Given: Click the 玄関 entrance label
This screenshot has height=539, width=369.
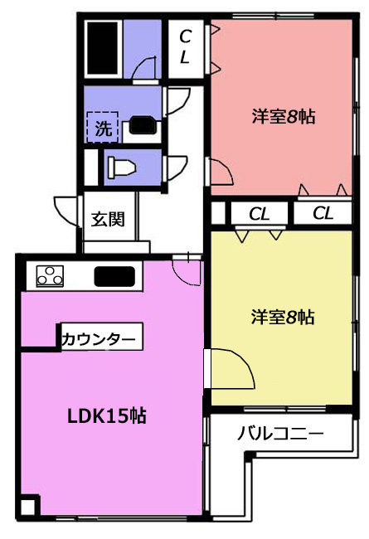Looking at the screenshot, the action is [x=108, y=219].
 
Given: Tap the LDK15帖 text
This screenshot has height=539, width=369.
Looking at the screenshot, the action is [x=107, y=416].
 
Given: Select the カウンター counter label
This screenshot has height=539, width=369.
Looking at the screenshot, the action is [x=99, y=340].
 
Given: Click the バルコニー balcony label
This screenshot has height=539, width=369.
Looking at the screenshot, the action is [x=280, y=434].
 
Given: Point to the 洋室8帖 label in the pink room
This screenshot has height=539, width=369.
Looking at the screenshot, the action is [x=284, y=117].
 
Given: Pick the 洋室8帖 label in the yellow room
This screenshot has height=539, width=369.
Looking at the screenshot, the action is [x=283, y=317].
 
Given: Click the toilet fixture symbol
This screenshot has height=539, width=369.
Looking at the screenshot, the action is [x=121, y=168].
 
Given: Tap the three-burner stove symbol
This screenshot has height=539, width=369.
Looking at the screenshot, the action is [x=51, y=276].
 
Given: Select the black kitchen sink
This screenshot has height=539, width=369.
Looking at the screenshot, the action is [x=114, y=276].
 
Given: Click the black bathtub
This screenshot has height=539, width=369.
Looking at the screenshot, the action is [x=102, y=48].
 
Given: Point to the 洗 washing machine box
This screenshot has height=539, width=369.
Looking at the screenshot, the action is [x=103, y=127].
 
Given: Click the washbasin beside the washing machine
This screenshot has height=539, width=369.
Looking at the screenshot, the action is [x=143, y=125].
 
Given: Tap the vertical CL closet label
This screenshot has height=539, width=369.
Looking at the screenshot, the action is [x=186, y=46].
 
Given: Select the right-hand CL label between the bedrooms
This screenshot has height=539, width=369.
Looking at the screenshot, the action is [x=323, y=213].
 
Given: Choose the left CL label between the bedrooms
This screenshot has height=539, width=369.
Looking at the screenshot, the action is [x=260, y=215].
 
